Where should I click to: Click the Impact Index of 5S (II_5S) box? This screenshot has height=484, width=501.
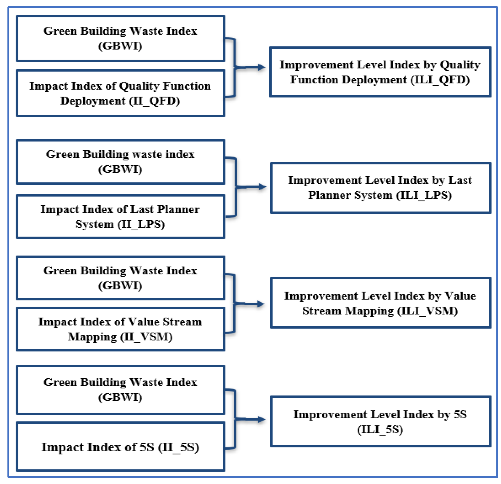[120, 447]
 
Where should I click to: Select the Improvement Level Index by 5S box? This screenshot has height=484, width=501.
[380, 421]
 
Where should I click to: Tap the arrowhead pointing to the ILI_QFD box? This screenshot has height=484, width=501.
[262, 67]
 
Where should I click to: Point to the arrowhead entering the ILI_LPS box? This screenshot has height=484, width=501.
[263, 187]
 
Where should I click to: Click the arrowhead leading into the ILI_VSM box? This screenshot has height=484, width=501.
[261, 304]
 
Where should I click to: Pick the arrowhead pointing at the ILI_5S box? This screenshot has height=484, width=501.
[262, 419]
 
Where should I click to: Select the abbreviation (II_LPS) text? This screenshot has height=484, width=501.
[141, 224]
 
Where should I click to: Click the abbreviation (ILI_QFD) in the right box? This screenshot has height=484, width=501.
[440, 80]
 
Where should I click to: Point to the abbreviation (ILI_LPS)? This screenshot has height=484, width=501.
[424, 195]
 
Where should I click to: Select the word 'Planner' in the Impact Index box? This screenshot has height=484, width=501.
[178, 209]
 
